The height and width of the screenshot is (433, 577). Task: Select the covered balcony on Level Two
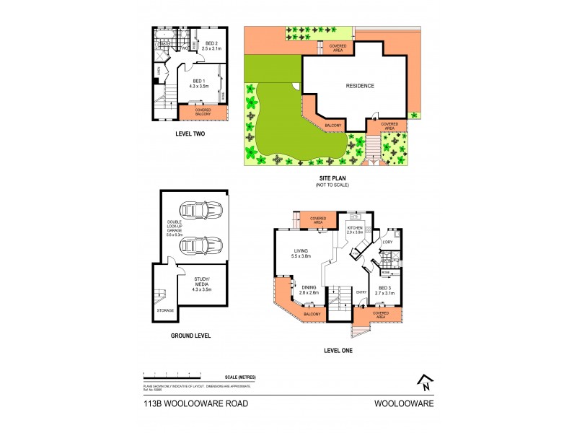click(203, 112)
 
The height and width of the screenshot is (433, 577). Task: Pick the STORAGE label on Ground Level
click(165, 310)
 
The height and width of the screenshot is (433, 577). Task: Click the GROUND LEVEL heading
click(191, 336)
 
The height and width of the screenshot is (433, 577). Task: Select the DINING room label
click(310, 289)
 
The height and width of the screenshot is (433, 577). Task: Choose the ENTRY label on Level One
click(361, 292)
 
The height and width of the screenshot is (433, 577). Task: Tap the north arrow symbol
click(426, 381)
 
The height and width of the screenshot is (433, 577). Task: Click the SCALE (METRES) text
click(241, 377)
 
